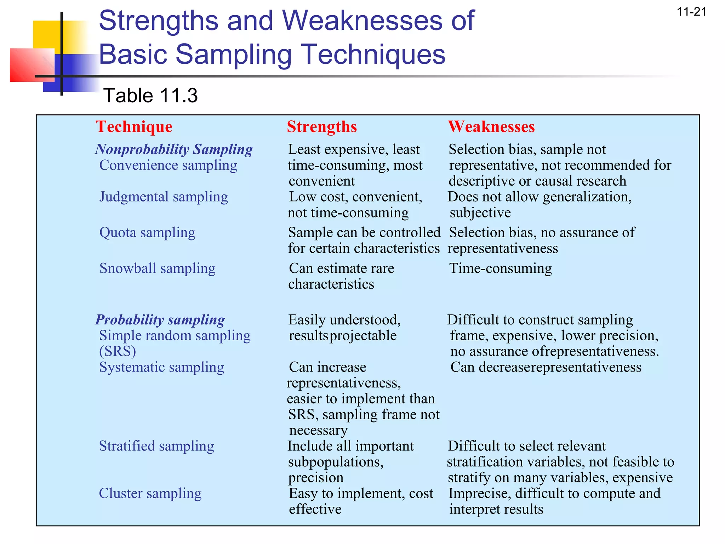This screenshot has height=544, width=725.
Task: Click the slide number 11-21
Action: (x=691, y=12)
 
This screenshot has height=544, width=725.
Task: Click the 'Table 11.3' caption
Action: (x=150, y=96)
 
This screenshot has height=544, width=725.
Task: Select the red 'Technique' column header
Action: (x=134, y=127)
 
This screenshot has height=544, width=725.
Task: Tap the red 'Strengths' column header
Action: (x=322, y=127)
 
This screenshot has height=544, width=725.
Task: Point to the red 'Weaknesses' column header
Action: (x=491, y=127)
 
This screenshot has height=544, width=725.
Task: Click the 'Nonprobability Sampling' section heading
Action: (x=174, y=149)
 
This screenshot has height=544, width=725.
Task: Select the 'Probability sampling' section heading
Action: (x=160, y=320)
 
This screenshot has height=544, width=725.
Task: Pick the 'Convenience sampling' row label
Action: (x=168, y=165)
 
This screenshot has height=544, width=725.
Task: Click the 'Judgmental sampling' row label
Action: (x=164, y=197)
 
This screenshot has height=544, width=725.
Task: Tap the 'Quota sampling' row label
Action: (x=147, y=233)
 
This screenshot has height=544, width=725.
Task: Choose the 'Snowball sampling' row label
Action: (x=157, y=268)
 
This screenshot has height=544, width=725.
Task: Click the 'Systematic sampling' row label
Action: (x=161, y=367)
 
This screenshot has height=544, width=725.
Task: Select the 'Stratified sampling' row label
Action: (x=156, y=446)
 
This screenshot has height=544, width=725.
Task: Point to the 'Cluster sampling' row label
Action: (x=150, y=493)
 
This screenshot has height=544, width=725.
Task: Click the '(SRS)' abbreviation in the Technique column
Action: (x=118, y=351)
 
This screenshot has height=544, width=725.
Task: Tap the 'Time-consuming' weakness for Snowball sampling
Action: (x=500, y=268)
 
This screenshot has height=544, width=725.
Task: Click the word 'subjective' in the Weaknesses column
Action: (x=480, y=213)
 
